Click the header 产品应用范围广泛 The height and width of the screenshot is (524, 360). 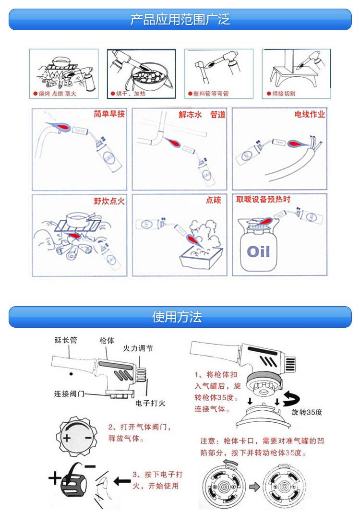point(180,20)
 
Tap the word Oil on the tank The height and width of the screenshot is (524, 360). point(258,251)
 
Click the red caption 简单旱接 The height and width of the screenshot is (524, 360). point(109,114)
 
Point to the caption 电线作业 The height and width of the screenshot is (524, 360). point(310,114)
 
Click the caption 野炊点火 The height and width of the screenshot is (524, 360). point(109,201)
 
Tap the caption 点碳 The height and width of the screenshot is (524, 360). point(213,200)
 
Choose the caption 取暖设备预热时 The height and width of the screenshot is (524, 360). point(263,199)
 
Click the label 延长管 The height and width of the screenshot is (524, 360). point(65,340)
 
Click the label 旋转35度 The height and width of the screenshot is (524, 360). point(307,412)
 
